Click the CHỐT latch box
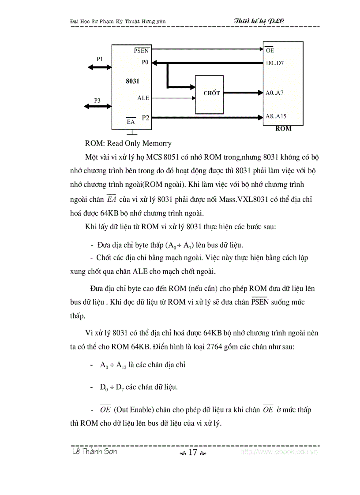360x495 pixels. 211,93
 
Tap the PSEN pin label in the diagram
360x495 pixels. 141,51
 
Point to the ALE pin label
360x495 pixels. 143,98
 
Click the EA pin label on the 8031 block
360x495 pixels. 131,122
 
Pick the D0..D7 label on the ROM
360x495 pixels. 275,63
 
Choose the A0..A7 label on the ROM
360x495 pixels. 274,93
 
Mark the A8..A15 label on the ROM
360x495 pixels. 276,116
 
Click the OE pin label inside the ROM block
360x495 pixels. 270,51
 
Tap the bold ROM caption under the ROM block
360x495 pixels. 283,129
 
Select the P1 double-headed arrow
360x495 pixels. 100,67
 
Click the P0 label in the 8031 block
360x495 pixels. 145,62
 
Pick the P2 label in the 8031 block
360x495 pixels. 146,117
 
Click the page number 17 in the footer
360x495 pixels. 192,453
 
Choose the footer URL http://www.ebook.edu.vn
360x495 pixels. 279,452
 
